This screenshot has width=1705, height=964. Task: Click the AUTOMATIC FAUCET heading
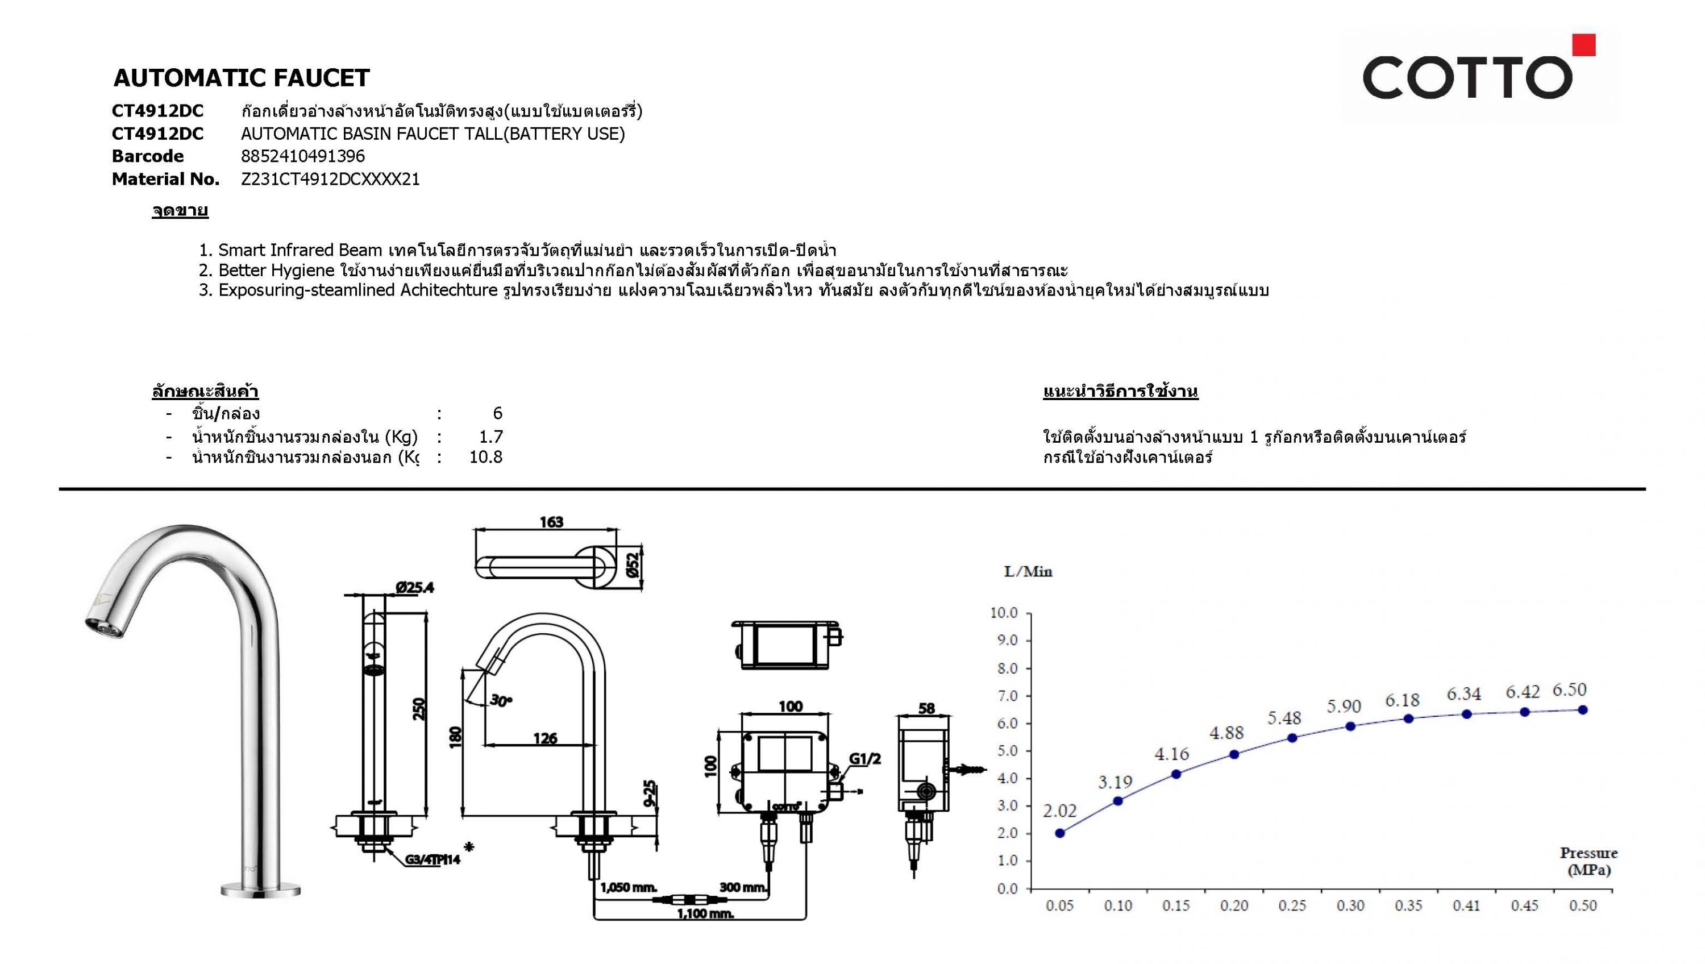pos(241,78)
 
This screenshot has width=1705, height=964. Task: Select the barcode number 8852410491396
pos(302,156)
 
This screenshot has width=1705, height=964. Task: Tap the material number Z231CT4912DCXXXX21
pos(330,180)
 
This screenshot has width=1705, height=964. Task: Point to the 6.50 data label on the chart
pos(1569,690)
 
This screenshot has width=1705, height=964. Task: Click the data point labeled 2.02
pos(1060,833)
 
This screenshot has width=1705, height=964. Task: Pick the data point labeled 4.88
pos(1234,754)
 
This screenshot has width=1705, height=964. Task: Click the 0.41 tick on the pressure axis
pos(1466,905)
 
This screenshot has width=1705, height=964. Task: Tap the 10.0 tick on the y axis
pos(1004,613)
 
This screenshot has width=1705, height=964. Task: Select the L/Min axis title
pos(1028,571)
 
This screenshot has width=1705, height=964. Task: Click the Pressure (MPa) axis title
pos(1588,861)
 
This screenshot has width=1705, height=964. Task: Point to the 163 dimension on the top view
pos(551,522)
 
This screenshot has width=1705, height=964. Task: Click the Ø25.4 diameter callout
pos(415,587)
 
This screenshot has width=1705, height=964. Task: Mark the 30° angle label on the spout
pos(502,700)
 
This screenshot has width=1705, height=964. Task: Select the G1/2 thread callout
pos(864,759)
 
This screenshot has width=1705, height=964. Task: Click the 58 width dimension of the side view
pos(926,708)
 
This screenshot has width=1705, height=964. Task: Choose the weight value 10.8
pos(486,458)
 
